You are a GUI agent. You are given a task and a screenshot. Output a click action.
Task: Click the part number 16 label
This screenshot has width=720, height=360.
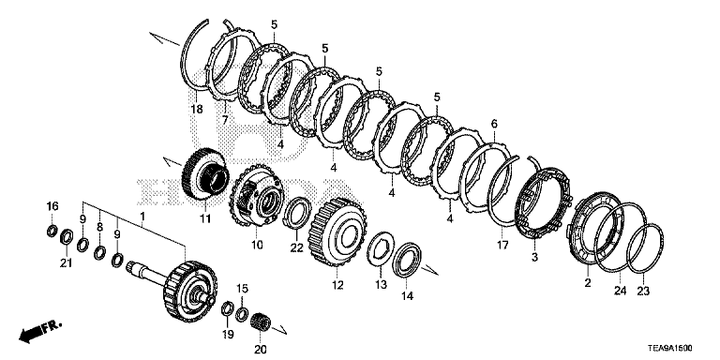[52, 206]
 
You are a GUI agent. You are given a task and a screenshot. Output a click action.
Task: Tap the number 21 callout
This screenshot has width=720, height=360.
[67, 263]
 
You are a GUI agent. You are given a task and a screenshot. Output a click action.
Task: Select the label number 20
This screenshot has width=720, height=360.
[261, 350]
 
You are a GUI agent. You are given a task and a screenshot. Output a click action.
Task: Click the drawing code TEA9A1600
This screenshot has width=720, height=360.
[670, 349]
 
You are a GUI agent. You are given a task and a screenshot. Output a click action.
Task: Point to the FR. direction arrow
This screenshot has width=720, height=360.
[40, 332]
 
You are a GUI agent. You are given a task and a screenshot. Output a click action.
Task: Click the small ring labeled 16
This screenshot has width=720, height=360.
[52, 231]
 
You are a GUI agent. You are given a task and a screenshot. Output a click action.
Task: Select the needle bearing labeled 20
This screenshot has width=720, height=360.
[262, 319]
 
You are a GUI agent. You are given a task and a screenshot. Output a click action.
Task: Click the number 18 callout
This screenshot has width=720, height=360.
[197, 110]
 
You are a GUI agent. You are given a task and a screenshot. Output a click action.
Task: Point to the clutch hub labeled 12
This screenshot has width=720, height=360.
[337, 232]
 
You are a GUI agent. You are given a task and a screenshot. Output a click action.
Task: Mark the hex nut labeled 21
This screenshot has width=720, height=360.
[67, 236]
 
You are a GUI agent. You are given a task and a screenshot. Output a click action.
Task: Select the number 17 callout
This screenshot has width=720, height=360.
[502, 246]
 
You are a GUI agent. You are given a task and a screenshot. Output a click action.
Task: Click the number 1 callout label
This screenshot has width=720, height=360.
[142, 216]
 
